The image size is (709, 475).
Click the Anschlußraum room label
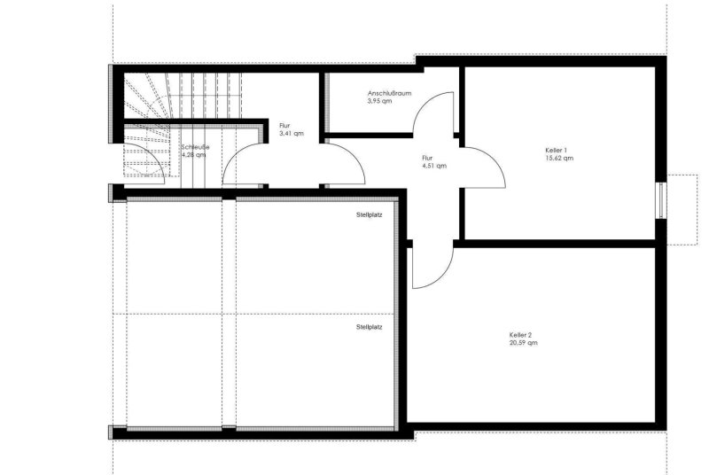(389, 94)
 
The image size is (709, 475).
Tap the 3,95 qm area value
(380, 101)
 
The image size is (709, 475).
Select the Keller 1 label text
(557, 150)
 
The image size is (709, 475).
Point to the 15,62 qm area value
(559, 158)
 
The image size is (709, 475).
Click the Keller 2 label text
(520, 335)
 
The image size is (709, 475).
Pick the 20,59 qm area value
(524, 343)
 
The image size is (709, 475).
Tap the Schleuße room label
(195, 147)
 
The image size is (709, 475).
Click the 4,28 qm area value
(193, 155)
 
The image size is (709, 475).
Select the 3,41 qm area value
(292, 134)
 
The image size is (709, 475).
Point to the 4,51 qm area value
(434, 166)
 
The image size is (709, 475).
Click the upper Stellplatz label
(369, 215)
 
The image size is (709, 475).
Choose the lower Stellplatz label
(369, 327)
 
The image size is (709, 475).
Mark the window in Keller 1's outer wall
(661, 200)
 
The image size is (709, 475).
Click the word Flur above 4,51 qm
(427, 158)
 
